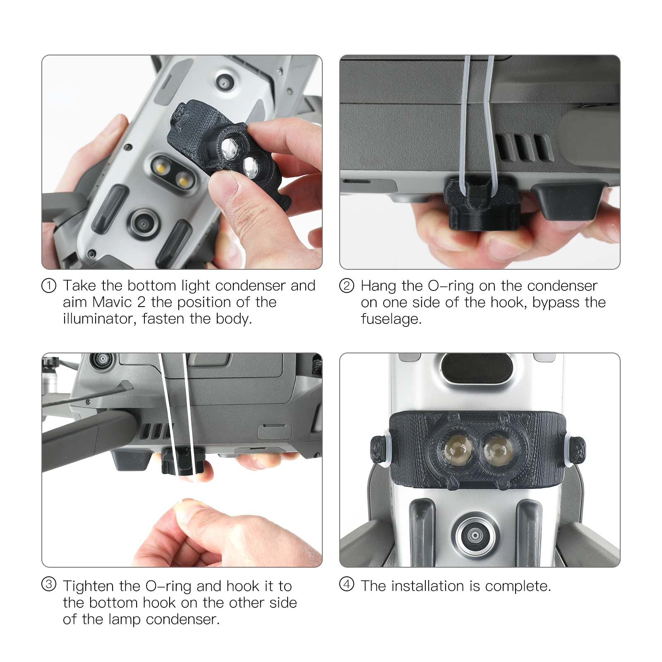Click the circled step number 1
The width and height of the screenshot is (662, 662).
(49, 285)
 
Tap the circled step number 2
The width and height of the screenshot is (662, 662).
(347, 285)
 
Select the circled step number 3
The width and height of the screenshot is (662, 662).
(49, 584)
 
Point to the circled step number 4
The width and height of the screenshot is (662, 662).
(347, 584)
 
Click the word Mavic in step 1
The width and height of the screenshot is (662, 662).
(112, 302)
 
